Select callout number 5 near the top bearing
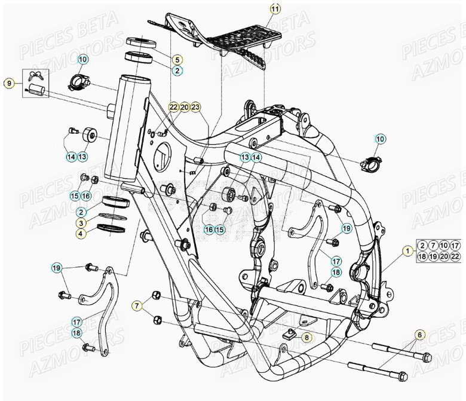(177, 60)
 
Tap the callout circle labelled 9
(9, 83)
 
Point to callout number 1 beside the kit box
(407, 252)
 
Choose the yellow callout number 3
(80, 223)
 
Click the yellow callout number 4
(80, 234)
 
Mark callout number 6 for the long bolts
(419, 335)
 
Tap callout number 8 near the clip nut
(307, 338)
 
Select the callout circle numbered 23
(195, 107)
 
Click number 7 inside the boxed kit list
(433, 246)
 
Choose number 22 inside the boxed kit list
(455, 256)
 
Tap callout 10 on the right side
(380, 139)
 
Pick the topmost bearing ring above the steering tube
(141, 42)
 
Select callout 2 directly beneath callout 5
(177, 71)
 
